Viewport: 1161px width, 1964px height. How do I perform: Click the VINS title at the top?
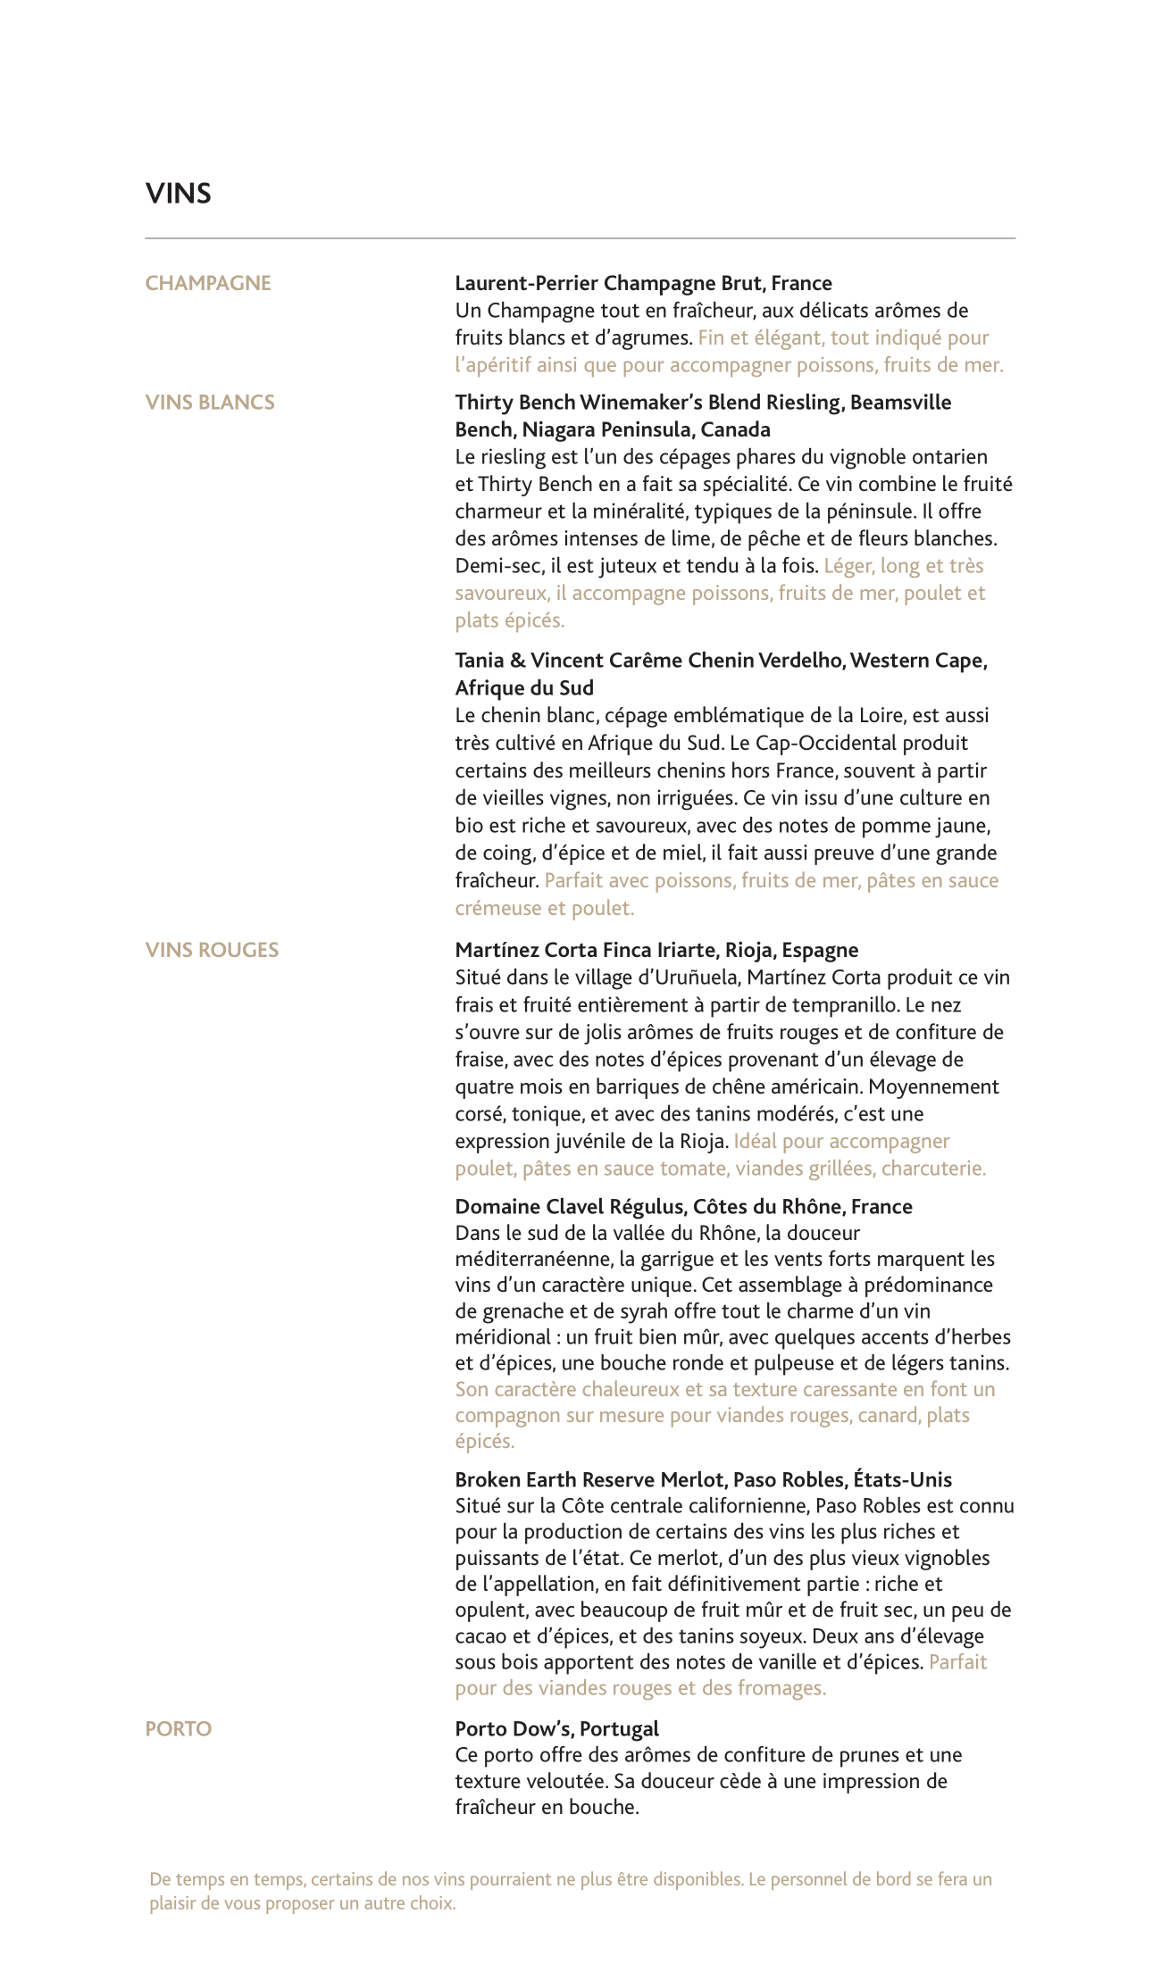179,194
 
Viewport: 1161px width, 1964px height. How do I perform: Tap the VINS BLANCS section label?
210,403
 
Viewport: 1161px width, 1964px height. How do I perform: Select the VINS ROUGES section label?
212,950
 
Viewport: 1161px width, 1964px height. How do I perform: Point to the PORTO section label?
179,1729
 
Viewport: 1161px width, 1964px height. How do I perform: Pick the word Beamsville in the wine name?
901,403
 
